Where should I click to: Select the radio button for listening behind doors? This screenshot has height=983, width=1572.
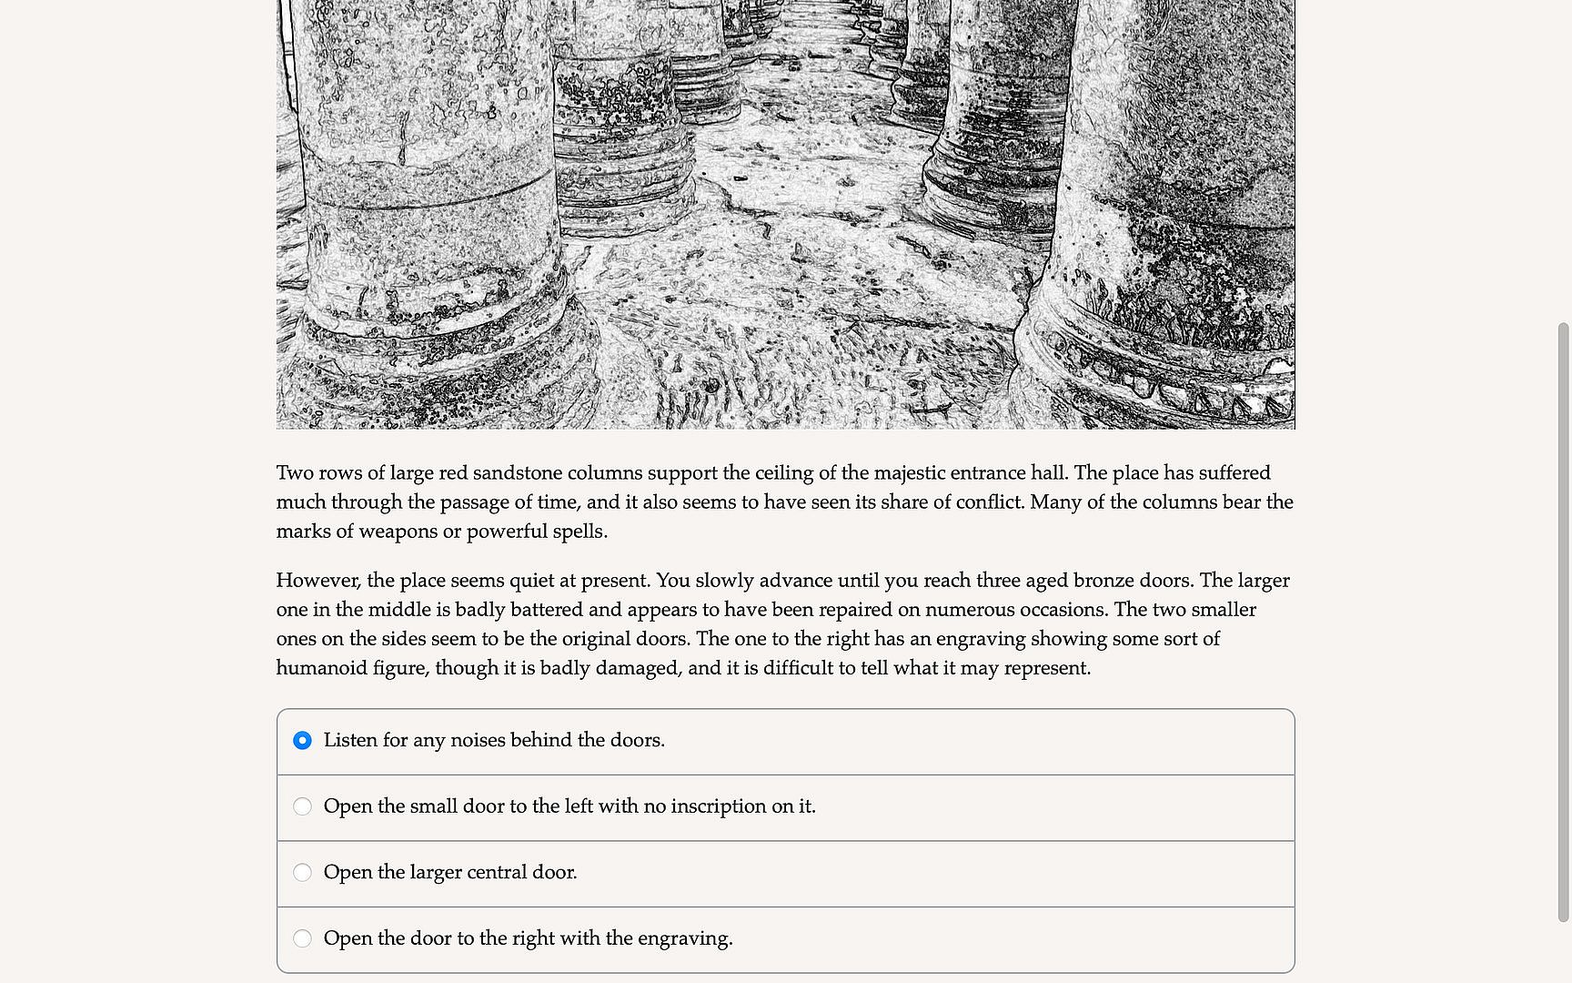(x=303, y=741)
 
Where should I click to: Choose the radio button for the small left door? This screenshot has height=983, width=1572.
(x=303, y=806)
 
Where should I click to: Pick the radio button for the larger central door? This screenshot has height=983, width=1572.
(x=303, y=873)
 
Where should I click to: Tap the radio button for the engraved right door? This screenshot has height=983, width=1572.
(x=303, y=938)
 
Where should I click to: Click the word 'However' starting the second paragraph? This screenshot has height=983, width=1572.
(x=317, y=581)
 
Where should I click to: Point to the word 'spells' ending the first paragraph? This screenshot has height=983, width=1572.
(x=579, y=532)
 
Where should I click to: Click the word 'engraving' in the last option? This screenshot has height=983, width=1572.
(x=683, y=938)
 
